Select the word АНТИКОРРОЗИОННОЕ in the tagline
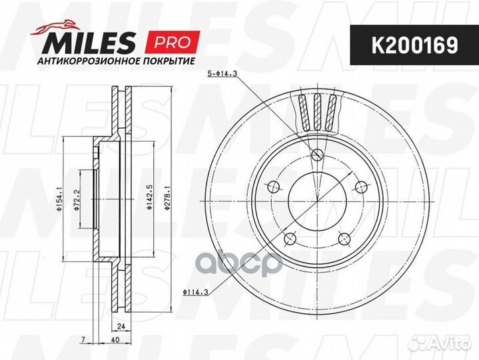[x=79, y=61]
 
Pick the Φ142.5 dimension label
[x=151, y=199]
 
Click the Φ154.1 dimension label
[x=59, y=199]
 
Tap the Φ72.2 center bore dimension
[x=77, y=199]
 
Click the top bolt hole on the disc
[x=317, y=155]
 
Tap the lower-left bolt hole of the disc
[x=289, y=239]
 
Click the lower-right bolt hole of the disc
[x=344, y=239]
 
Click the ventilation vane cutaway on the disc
[x=318, y=111]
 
